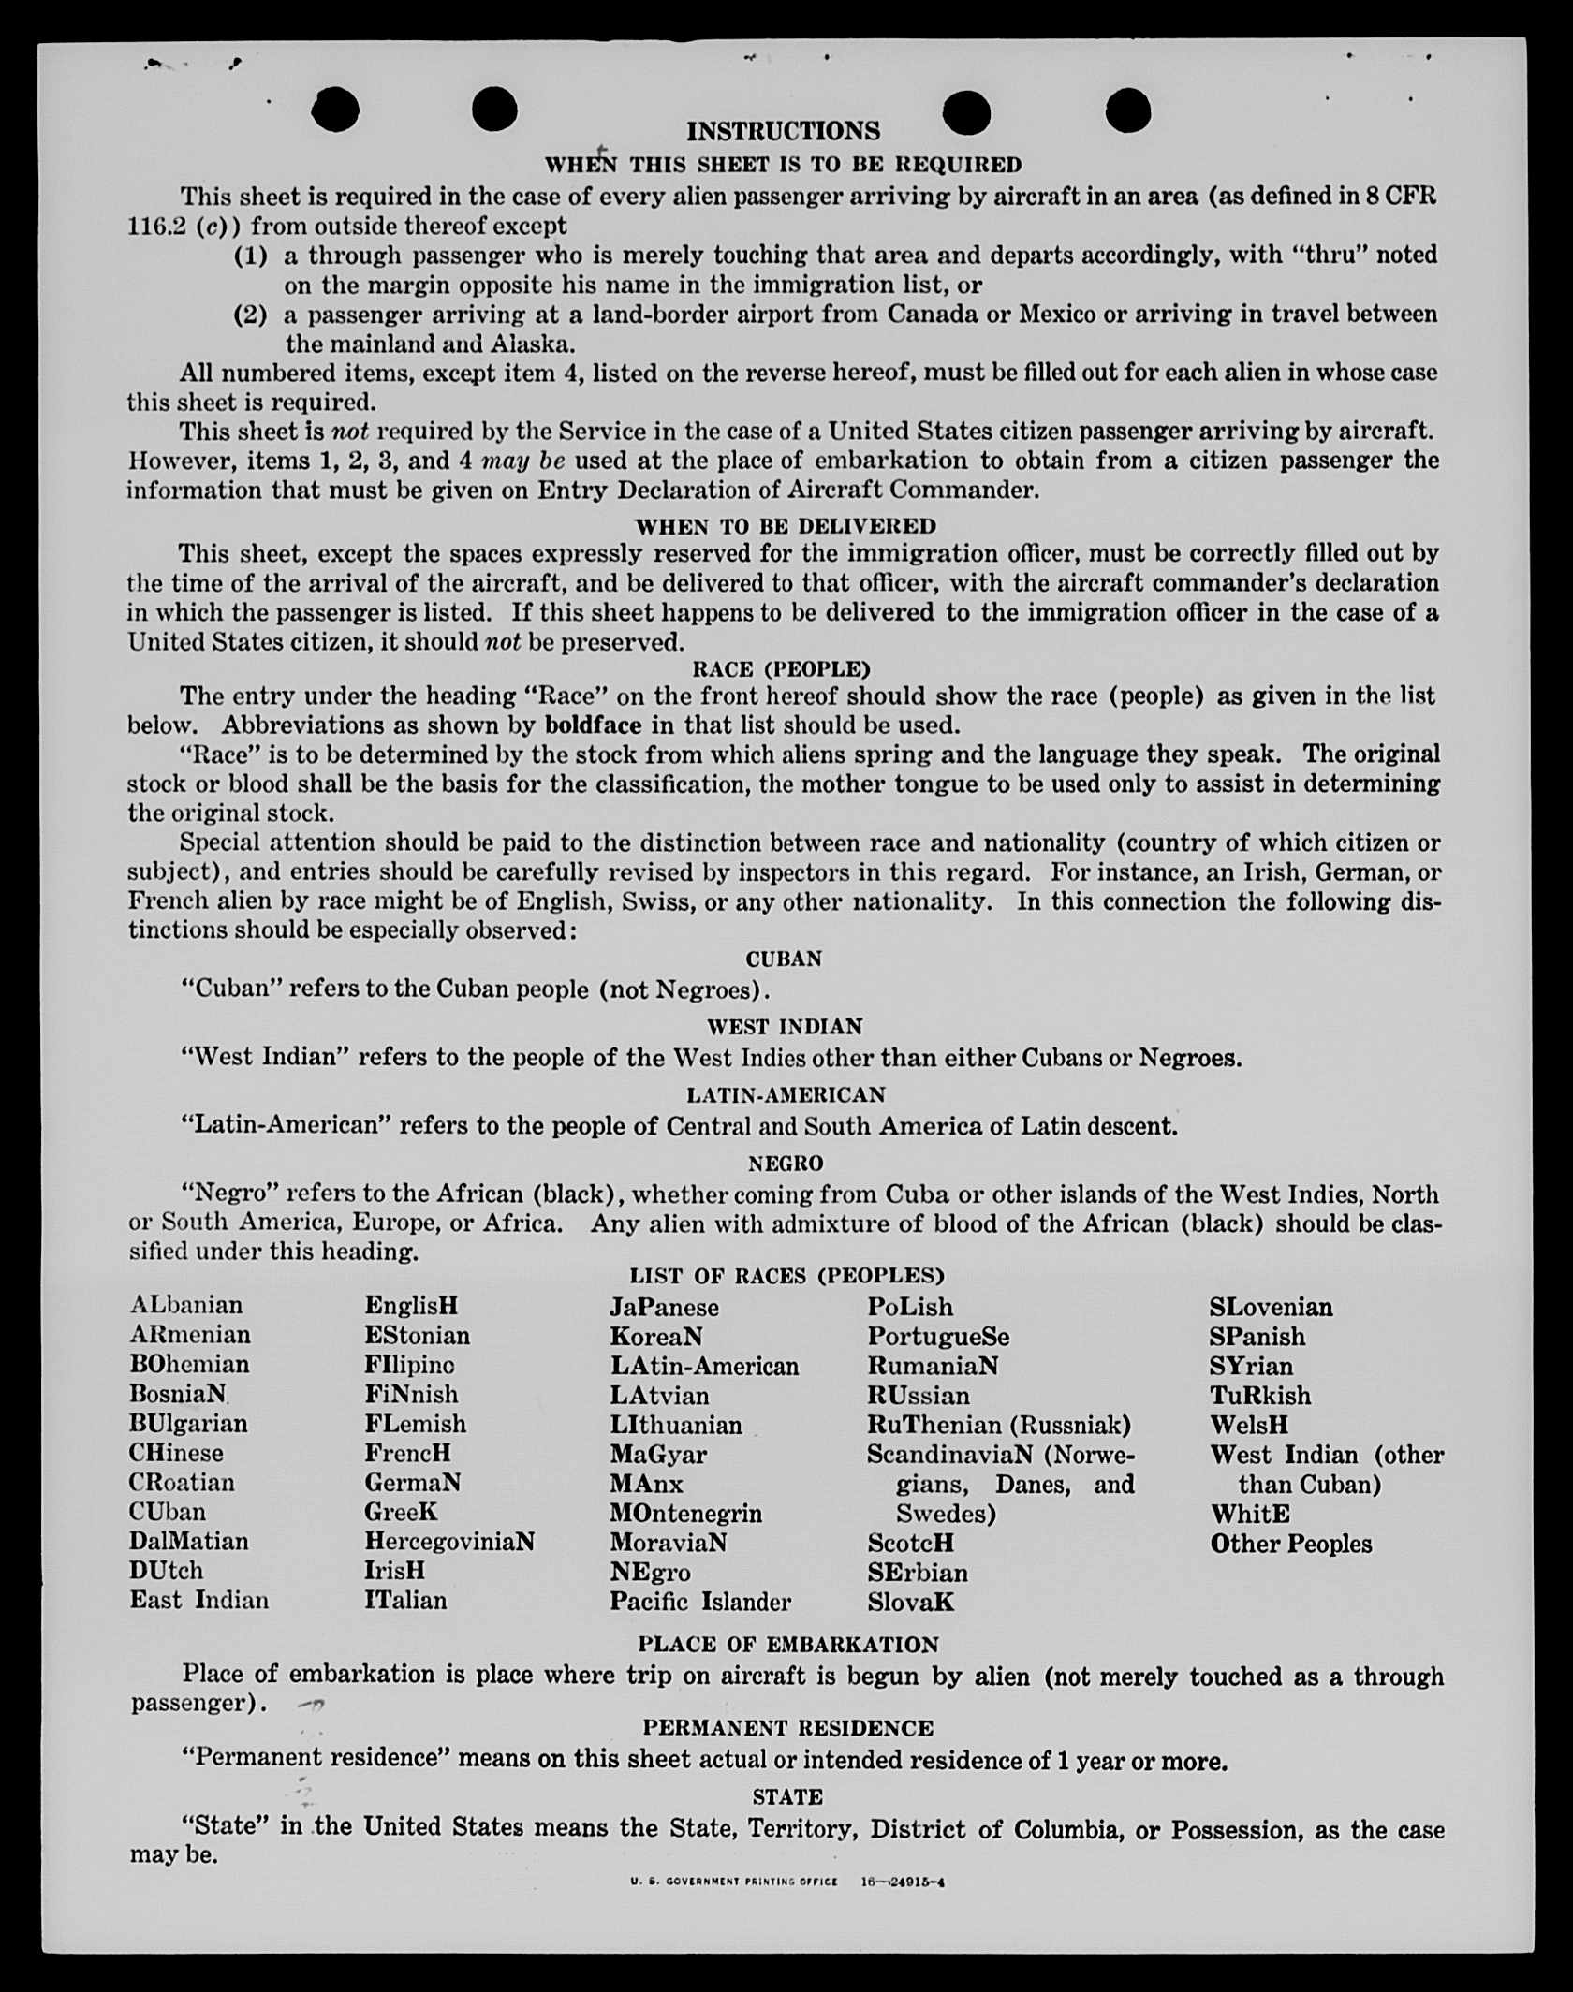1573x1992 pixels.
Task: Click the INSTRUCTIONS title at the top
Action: point(784,131)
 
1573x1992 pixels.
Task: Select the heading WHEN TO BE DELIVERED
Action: point(785,526)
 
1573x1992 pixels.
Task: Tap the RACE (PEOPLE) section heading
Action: point(781,669)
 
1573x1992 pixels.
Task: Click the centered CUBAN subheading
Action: point(784,959)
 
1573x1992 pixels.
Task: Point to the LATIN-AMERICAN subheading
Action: point(786,1095)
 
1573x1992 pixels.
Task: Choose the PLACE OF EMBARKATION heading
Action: point(787,1645)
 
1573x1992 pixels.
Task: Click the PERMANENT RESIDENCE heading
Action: point(787,1728)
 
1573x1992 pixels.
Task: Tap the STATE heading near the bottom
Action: point(787,1797)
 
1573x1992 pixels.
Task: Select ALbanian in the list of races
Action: point(186,1305)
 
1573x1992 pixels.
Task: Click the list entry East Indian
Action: point(198,1600)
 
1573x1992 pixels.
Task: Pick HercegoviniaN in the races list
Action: point(449,1541)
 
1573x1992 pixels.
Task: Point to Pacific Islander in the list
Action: point(700,1602)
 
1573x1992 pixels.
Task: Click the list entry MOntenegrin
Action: point(685,1513)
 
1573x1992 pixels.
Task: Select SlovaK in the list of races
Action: point(910,1602)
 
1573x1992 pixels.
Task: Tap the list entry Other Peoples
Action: point(1290,1544)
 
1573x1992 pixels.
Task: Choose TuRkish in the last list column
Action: point(1259,1396)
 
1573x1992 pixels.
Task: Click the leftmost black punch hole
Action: point(335,110)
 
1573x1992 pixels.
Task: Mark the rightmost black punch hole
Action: point(1127,110)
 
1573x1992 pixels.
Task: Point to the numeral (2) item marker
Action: point(250,315)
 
